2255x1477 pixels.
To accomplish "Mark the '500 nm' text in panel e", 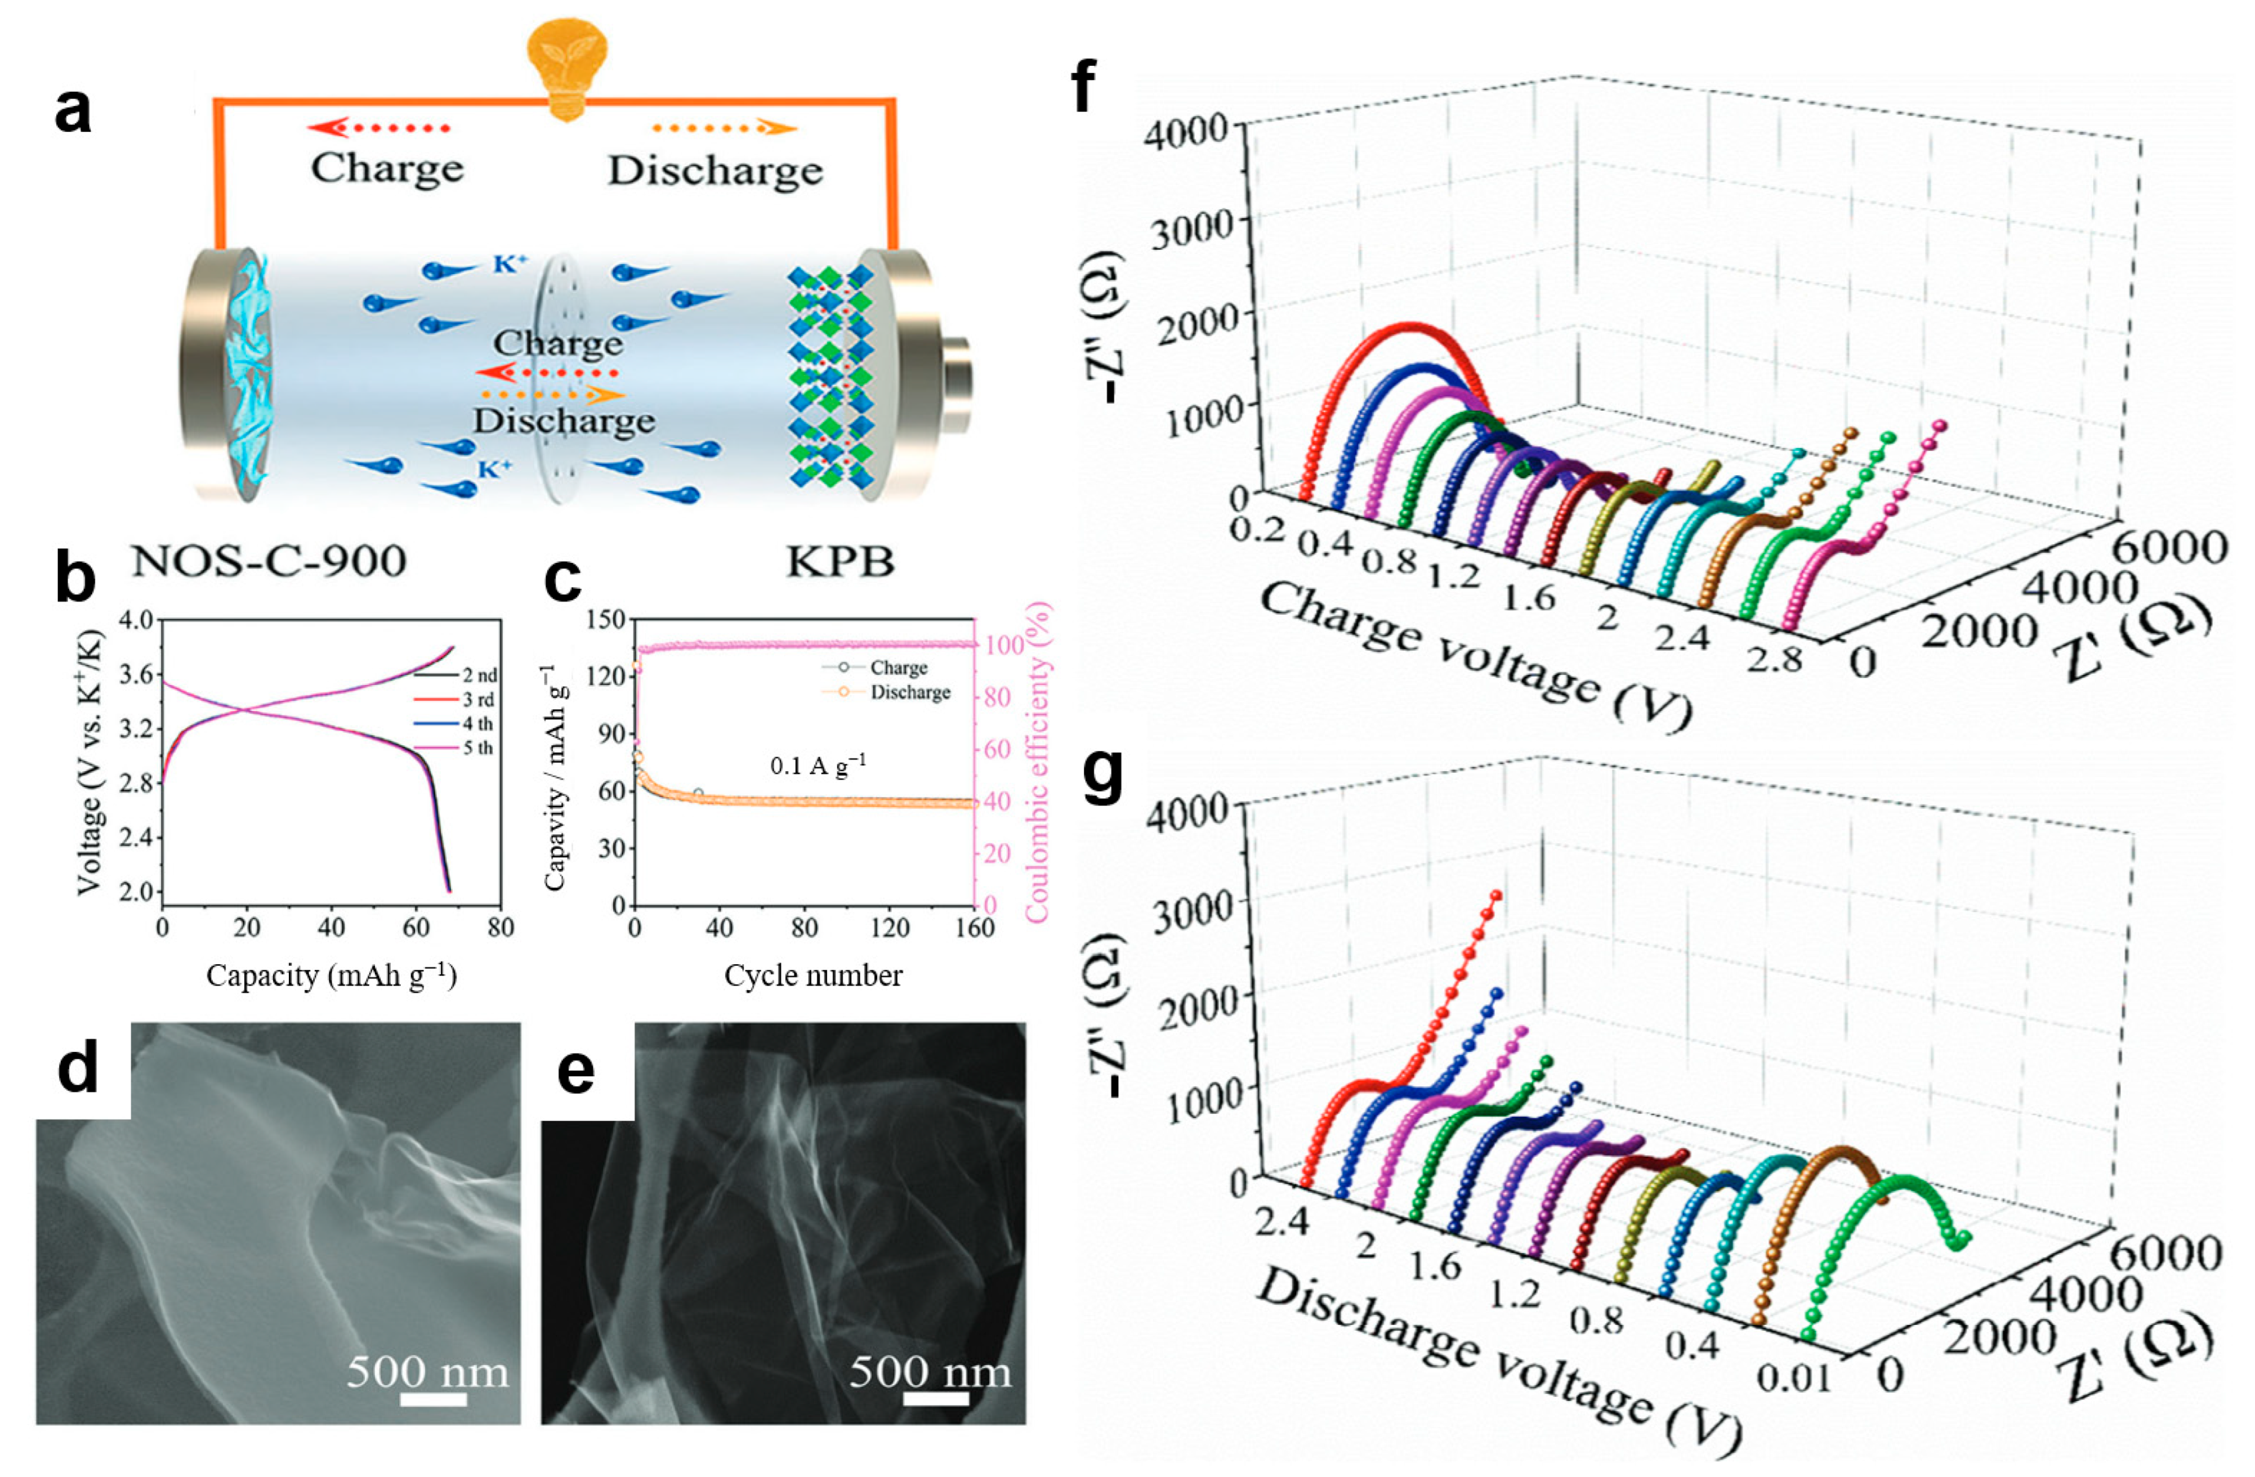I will pyautogui.click(x=930, y=1371).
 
